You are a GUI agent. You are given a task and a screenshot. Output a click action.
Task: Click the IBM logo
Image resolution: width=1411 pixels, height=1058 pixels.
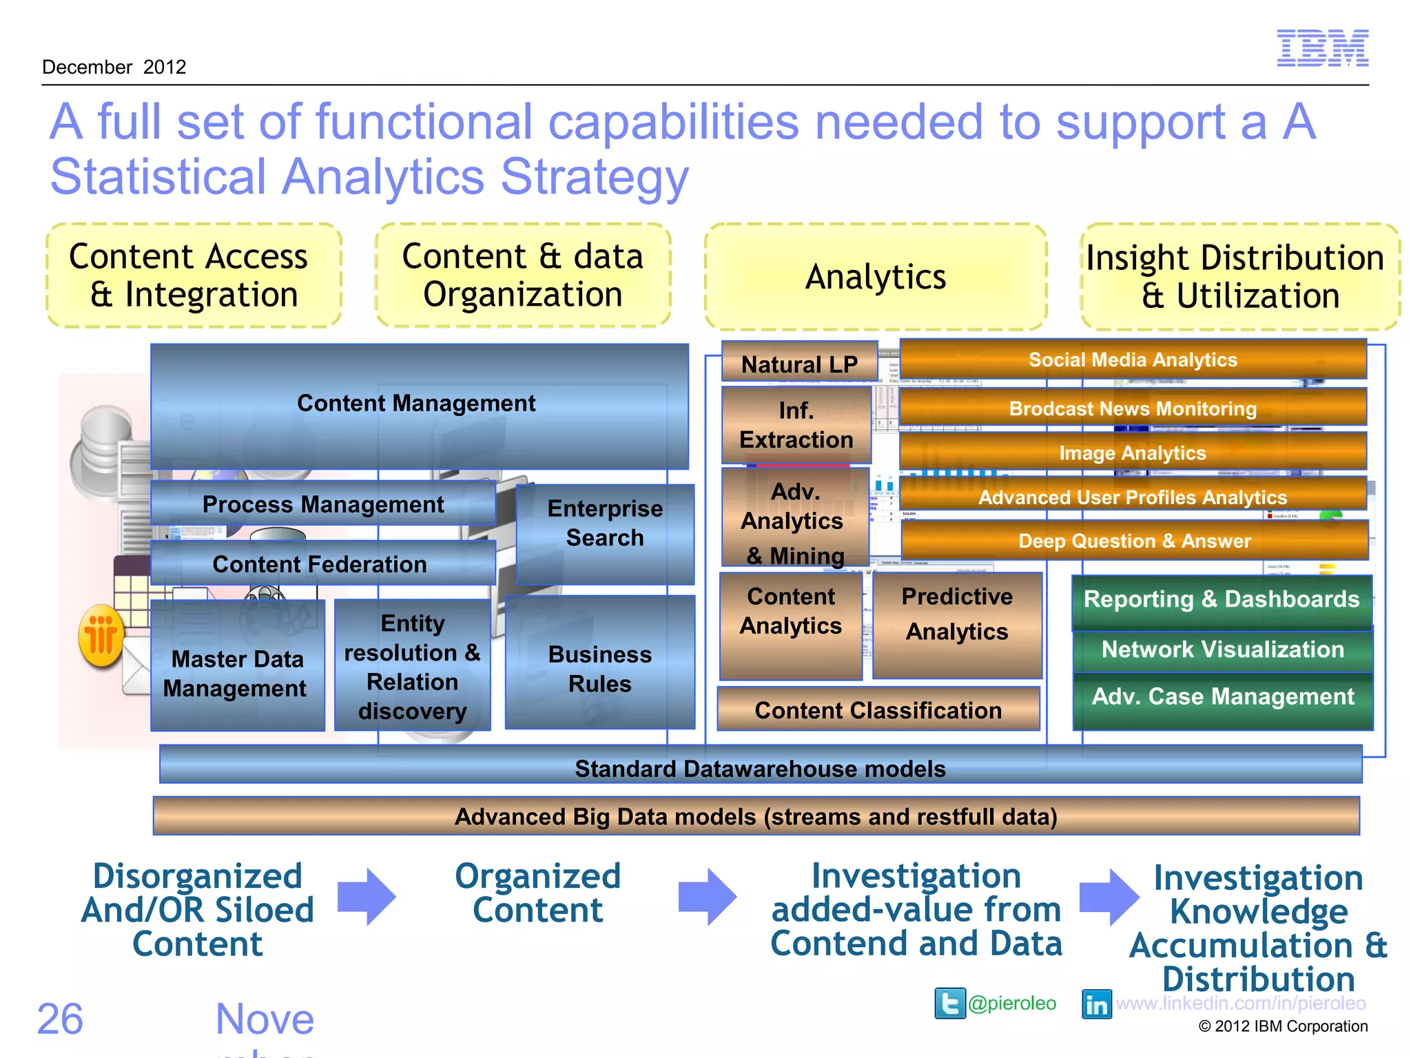tap(1322, 48)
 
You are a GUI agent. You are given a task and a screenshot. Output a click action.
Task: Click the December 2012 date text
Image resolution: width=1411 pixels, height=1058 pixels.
tap(114, 68)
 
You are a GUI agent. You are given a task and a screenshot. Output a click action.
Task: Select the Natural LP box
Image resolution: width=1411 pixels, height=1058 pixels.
tap(799, 363)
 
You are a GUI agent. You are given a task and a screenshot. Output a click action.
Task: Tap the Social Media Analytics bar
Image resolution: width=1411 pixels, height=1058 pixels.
tap(1133, 360)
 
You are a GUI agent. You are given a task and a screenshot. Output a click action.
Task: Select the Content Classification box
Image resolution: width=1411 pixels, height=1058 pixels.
tap(878, 709)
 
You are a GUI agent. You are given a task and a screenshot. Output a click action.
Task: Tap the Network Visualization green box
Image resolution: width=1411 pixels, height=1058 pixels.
tap(1222, 650)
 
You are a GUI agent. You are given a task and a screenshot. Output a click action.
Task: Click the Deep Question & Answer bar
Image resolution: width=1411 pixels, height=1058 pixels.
tap(1134, 541)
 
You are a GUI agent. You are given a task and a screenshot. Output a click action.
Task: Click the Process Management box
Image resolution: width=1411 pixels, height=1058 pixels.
tap(322, 504)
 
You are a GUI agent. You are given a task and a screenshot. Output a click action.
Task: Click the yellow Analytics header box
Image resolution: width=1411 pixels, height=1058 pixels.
tap(876, 277)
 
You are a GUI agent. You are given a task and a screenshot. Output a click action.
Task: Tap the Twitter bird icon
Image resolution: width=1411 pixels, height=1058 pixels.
tap(949, 1003)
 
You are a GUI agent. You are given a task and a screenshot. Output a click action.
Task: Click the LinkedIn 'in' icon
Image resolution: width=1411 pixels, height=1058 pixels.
tap(1096, 1004)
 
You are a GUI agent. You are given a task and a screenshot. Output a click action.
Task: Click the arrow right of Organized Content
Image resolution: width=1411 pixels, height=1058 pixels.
tap(707, 896)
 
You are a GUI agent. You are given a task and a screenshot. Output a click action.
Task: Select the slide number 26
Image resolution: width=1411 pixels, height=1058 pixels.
tap(60, 1019)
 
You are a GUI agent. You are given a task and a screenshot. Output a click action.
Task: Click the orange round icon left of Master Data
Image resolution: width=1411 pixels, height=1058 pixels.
tap(101, 636)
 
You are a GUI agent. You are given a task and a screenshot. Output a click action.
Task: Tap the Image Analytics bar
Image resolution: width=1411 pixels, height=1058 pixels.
tap(1133, 453)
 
